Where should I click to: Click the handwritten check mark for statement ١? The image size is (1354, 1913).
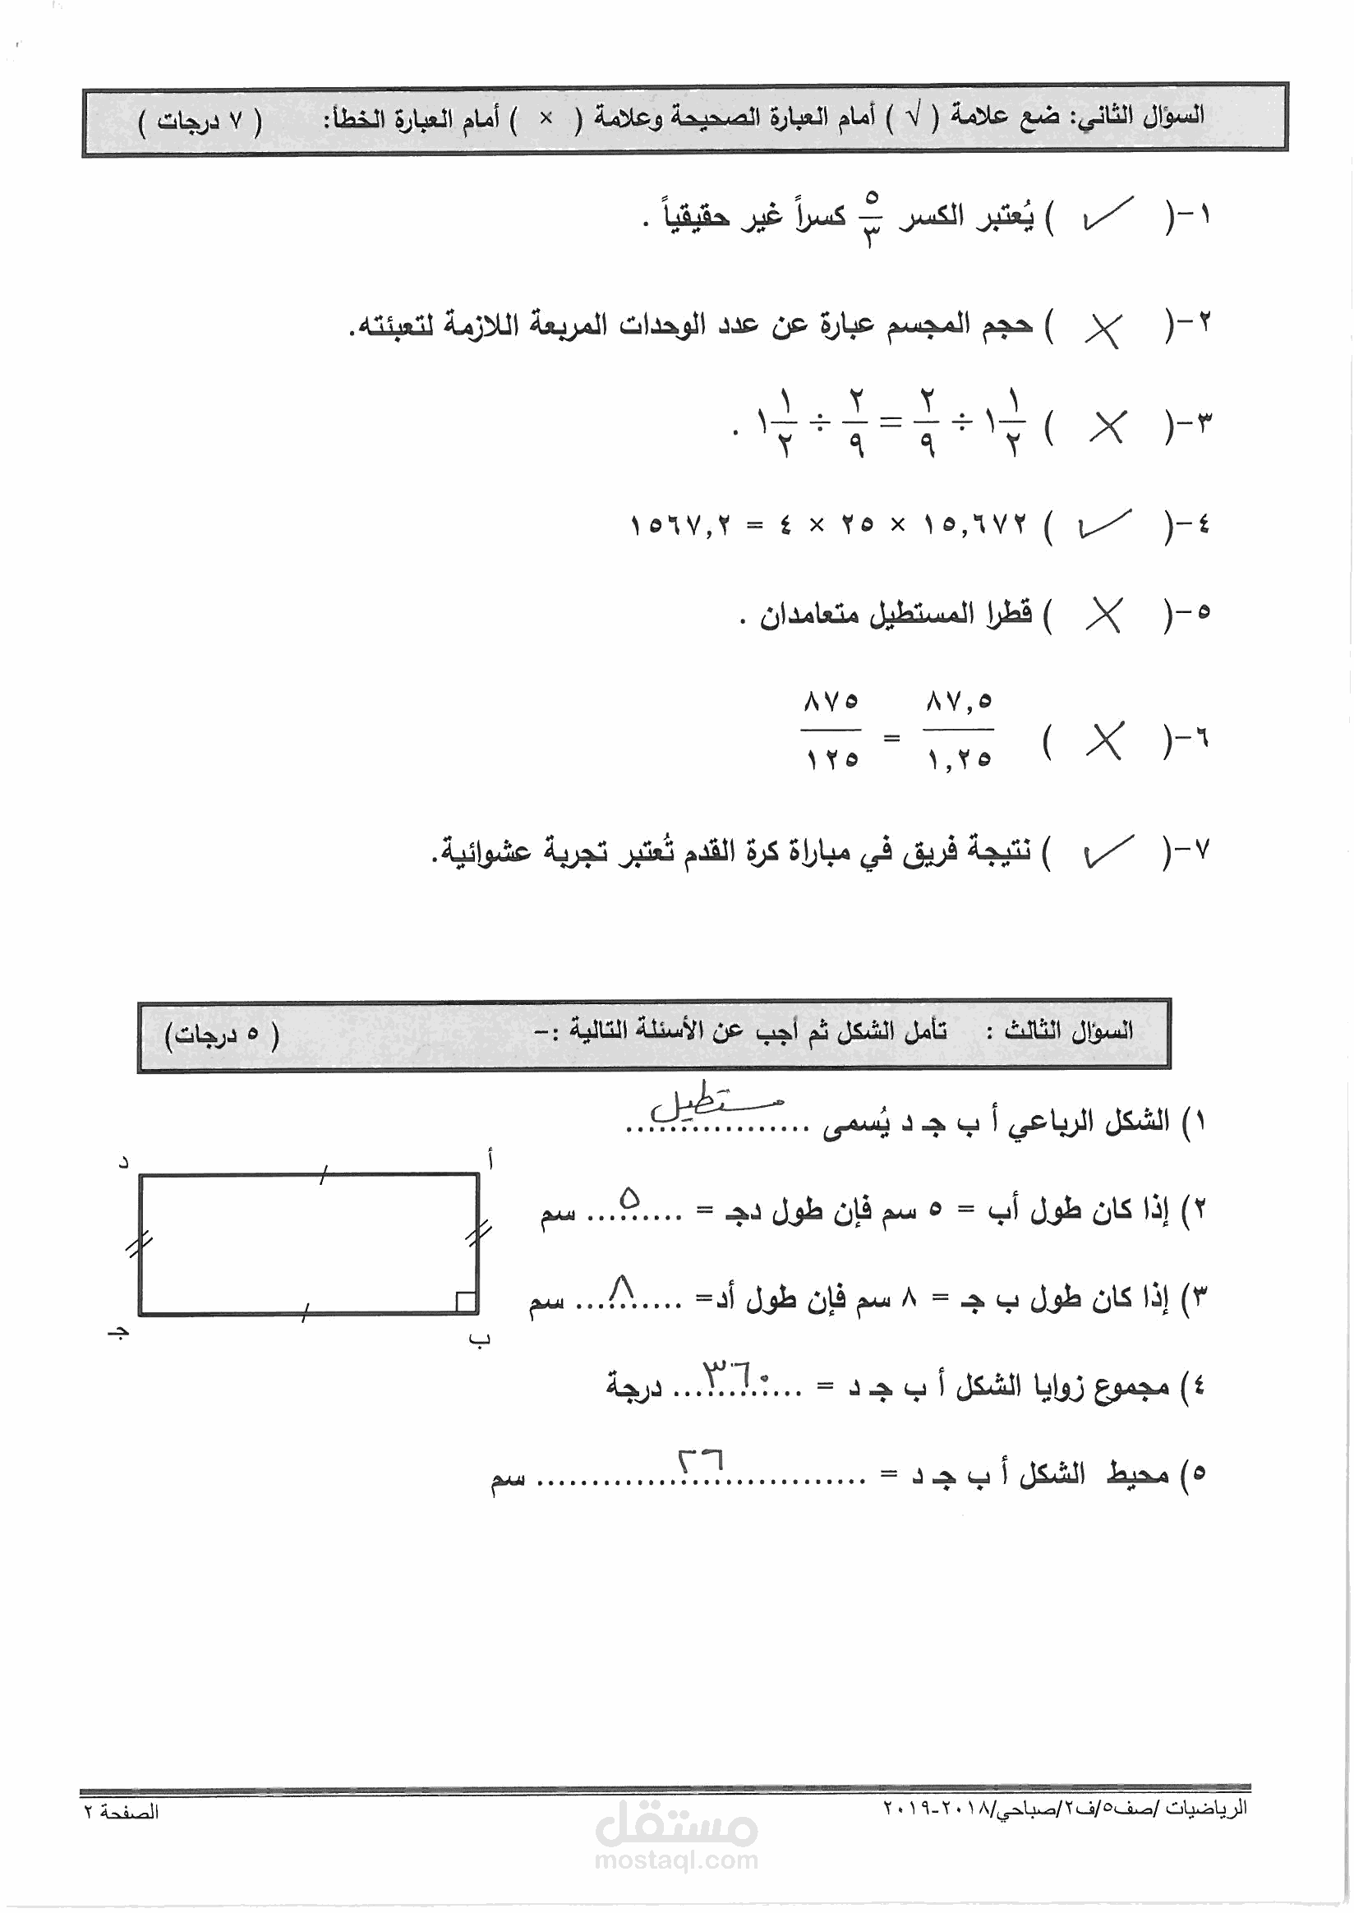(x=1108, y=215)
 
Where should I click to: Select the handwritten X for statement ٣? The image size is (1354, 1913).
(x=1108, y=427)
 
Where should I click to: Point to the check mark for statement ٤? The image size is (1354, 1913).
(x=1105, y=523)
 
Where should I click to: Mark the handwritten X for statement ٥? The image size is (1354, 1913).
(x=1105, y=615)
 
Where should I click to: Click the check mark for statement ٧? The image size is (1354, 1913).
(x=1108, y=850)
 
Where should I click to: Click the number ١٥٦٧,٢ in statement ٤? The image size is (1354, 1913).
(x=680, y=525)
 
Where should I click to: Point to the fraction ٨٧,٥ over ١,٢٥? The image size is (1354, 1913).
(x=959, y=730)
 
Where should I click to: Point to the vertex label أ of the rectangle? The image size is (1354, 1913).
(x=490, y=1159)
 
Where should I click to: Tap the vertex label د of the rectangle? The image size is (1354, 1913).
(x=123, y=1162)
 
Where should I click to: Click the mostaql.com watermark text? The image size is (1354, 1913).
(x=676, y=1859)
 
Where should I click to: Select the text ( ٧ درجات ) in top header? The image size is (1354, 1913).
(x=200, y=122)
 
